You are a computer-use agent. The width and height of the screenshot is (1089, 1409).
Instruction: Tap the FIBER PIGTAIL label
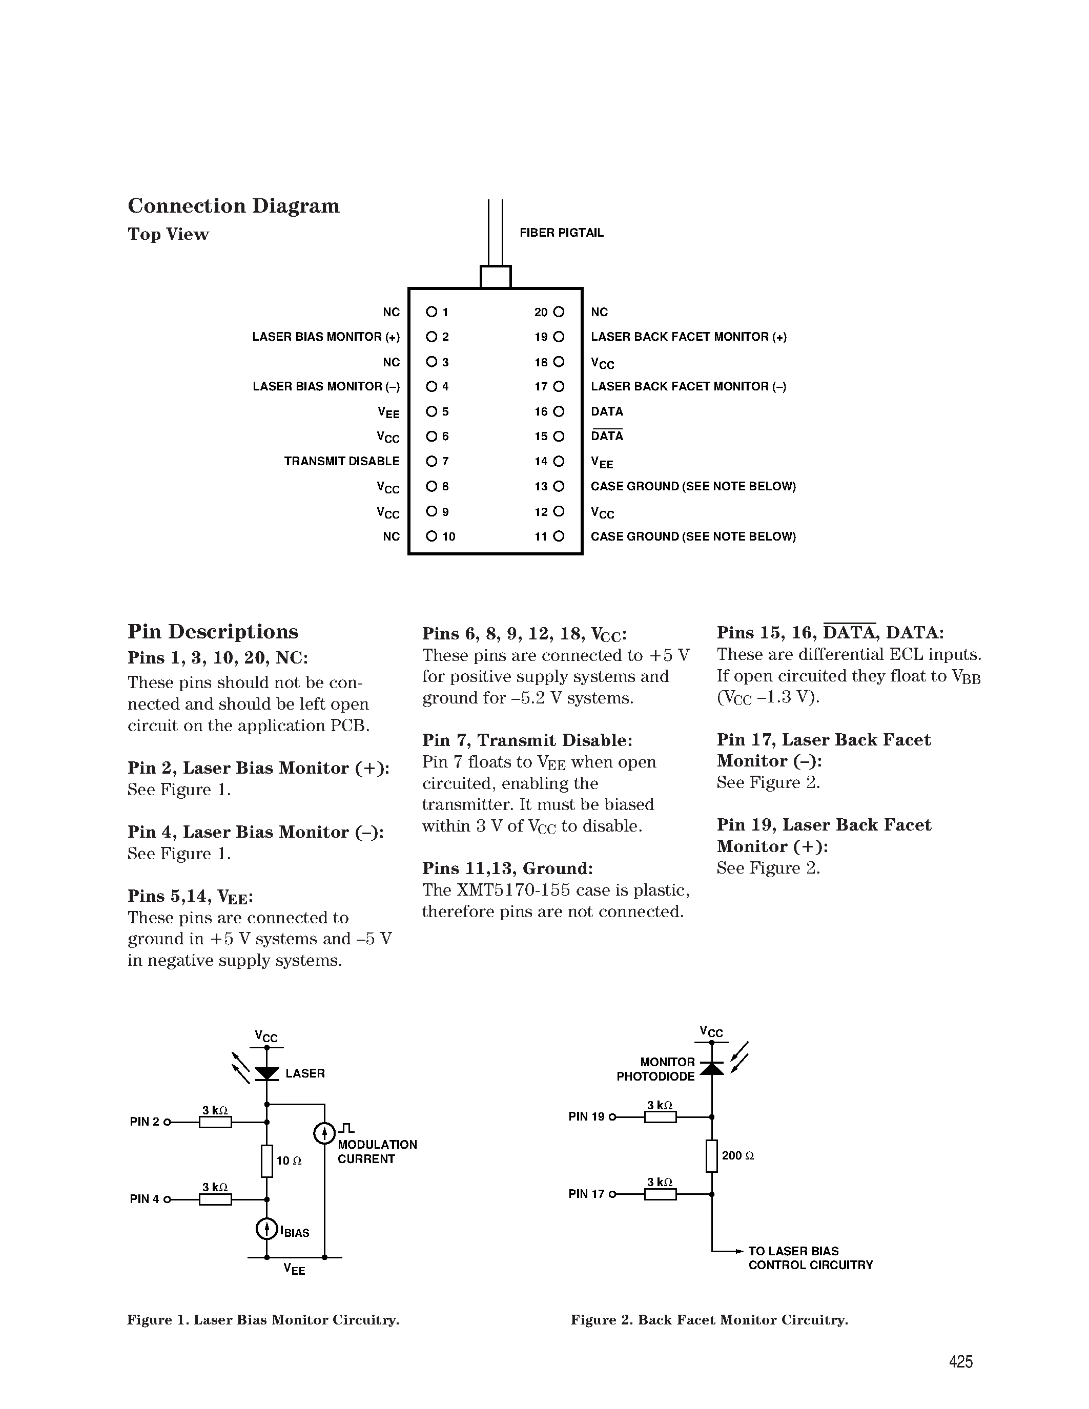coord(561,233)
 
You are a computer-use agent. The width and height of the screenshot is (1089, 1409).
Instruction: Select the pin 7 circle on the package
coord(431,461)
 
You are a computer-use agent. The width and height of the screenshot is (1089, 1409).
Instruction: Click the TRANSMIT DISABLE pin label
coord(341,461)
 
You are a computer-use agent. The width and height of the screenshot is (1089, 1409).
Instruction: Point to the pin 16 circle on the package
coord(559,411)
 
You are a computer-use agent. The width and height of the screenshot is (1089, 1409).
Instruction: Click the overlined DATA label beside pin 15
coord(606,436)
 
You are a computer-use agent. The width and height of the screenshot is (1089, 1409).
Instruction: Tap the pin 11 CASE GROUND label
coord(693,537)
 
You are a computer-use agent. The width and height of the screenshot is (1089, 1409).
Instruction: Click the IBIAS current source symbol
coord(266,1230)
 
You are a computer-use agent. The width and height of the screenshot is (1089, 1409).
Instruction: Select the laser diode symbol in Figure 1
coord(266,1073)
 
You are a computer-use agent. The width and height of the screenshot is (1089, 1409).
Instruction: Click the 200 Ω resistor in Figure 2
coord(712,1156)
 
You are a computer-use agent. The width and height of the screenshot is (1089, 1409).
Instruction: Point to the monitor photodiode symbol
coord(712,1068)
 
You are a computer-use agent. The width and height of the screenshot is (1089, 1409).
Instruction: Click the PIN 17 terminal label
coord(586,1194)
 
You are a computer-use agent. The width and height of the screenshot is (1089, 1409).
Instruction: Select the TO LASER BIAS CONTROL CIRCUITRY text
coord(810,1258)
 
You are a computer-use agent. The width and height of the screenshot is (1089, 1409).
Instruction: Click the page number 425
coord(960,1362)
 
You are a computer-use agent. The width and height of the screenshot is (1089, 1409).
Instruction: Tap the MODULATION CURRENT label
coord(377,1152)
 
